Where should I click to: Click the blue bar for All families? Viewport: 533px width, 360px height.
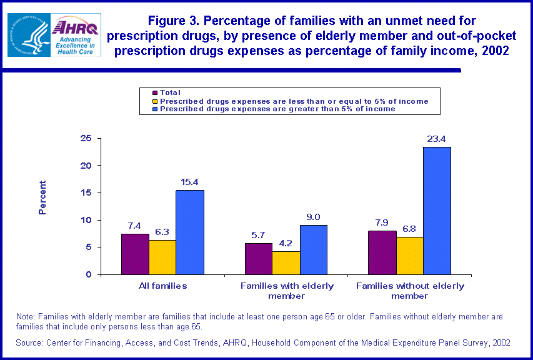click(x=190, y=232)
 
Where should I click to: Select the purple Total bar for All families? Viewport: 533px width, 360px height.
click(x=135, y=254)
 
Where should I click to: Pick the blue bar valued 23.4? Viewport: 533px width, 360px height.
click(x=437, y=211)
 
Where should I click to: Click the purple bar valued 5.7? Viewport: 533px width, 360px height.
click(x=258, y=259)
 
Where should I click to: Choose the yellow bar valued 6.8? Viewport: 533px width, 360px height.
click(x=410, y=256)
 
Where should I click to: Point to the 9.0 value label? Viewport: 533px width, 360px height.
click(x=314, y=217)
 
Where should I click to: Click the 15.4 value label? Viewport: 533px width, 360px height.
click(x=190, y=182)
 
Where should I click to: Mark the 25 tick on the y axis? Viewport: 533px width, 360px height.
click(x=86, y=138)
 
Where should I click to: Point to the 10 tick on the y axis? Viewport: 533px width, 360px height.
click(x=86, y=220)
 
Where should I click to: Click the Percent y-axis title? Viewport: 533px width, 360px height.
click(x=42, y=197)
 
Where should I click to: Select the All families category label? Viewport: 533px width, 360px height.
click(x=162, y=286)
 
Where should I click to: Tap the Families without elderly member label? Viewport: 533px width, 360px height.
click(x=410, y=290)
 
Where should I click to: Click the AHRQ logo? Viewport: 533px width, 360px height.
click(x=76, y=35)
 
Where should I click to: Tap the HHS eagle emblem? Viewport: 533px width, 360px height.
click(x=29, y=35)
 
